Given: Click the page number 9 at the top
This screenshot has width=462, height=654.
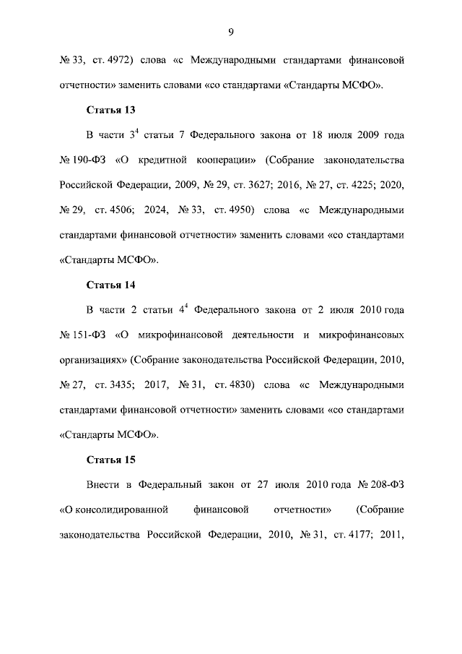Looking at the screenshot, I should (231, 31).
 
